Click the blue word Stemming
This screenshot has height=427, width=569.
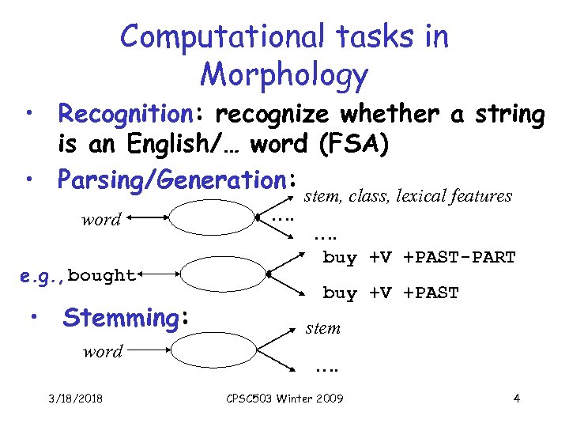(x=122, y=318)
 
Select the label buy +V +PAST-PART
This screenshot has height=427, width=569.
(x=419, y=258)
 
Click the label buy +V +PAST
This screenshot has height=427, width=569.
(x=390, y=293)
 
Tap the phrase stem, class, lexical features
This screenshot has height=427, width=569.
(x=409, y=196)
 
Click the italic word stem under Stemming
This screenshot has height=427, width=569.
(x=323, y=328)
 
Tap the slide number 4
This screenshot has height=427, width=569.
(x=516, y=398)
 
